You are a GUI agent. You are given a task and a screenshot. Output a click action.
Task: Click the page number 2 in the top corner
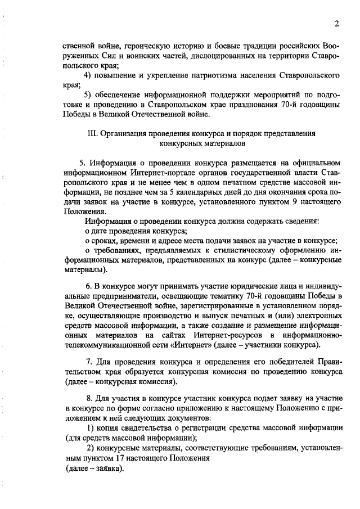pyautogui.click(x=336, y=24)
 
